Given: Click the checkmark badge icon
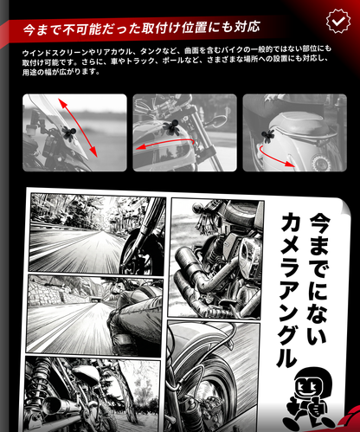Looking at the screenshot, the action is click(338, 21).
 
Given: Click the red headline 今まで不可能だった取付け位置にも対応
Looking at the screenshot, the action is click(142, 29).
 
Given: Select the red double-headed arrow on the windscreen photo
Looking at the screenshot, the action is click(78, 127).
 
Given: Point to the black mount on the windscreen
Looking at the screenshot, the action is click(68, 133).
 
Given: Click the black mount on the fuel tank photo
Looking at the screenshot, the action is click(171, 127).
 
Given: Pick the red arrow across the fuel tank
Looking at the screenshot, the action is click(165, 143).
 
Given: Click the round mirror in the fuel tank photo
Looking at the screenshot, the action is click(220, 119).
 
